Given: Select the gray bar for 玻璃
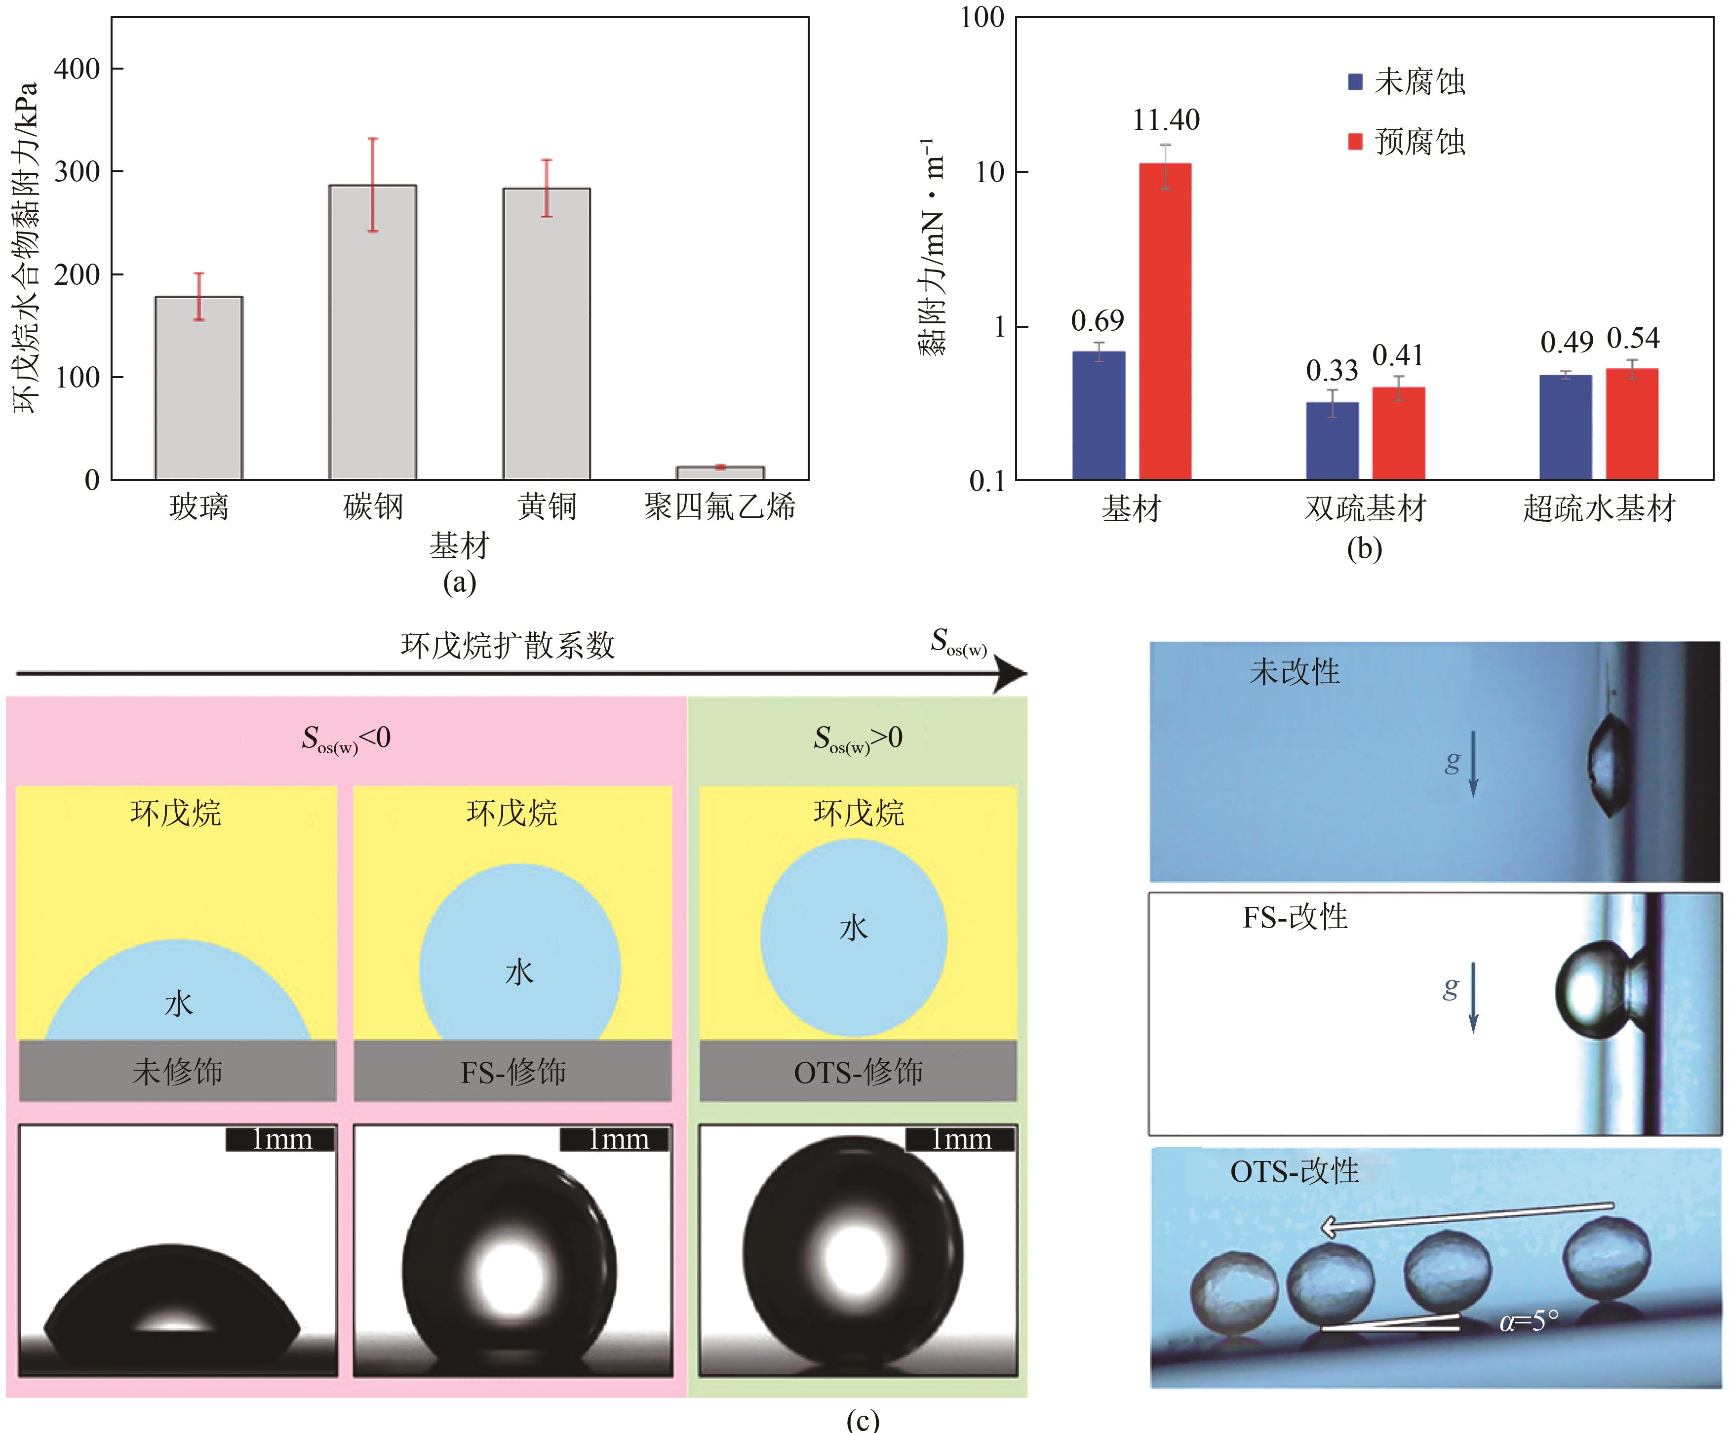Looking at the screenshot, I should [198, 387].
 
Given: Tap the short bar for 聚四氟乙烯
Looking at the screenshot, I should [720, 473].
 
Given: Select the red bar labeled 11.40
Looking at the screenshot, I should [1165, 321].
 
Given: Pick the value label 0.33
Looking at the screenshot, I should [1331, 371].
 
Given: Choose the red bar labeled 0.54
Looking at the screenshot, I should [1632, 424].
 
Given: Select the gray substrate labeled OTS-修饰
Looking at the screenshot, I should [858, 1071].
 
